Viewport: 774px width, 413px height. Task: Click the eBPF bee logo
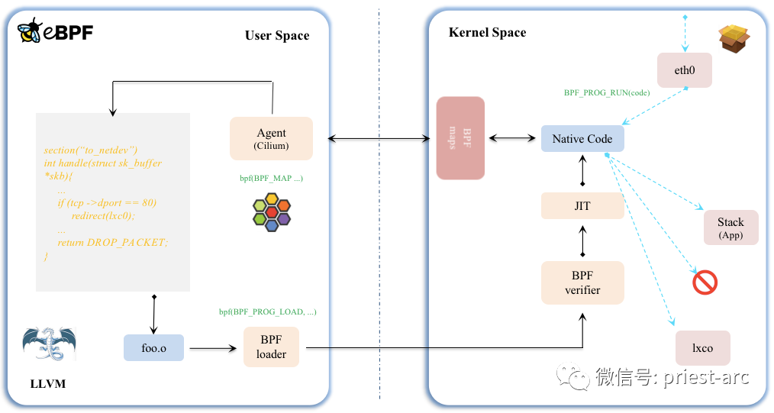tap(31, 31)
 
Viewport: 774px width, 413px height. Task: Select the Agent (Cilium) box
tap(271, 138)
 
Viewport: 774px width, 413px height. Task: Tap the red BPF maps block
tap(460, 138)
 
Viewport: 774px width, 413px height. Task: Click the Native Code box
tap(582, 139)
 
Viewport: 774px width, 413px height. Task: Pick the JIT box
tap(582, 206)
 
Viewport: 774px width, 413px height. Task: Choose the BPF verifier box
tap(582, 282)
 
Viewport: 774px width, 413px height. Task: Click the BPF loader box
tap(271, 347)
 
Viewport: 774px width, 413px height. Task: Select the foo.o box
tap(153, 347)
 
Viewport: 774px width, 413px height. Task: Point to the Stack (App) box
tap(730, 227)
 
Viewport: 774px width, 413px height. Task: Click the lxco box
tap(702, 348)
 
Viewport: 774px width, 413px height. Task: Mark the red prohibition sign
tap(705, 282)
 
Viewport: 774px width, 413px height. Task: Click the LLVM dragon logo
tap(50, 344)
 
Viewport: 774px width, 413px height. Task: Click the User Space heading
tap(277, 36)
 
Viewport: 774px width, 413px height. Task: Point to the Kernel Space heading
tap(487, 32)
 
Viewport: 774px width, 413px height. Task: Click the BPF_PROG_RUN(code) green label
tap(606, 92)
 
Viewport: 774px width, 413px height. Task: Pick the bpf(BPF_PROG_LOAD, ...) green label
tap(267, 311)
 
